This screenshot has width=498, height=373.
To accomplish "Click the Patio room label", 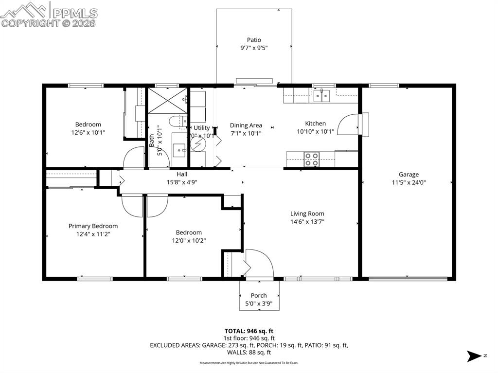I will tap(254, 40).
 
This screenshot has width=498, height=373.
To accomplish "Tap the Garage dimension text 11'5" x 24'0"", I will tap(409, 183).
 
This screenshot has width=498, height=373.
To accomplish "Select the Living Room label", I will tap(307, 213).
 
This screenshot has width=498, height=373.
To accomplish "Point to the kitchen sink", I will tap(321, 95).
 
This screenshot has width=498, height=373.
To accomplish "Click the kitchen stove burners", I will tap(312, 157).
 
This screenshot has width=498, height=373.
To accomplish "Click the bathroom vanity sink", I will tap(179, 150).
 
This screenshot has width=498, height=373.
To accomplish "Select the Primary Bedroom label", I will tap(93, 226).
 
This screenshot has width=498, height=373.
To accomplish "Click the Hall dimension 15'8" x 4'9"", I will tap(181, 182).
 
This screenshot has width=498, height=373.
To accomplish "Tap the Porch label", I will tap(259, 295).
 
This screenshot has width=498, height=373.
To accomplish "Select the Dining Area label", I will tap(246, 125).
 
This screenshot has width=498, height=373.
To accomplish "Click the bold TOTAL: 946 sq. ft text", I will tap(249, 331).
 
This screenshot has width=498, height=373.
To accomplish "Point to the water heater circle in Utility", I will tap(198, 144).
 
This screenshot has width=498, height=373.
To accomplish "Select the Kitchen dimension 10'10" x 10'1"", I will tap(315, 131).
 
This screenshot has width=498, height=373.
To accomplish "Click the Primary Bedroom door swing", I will tap(132, 206).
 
